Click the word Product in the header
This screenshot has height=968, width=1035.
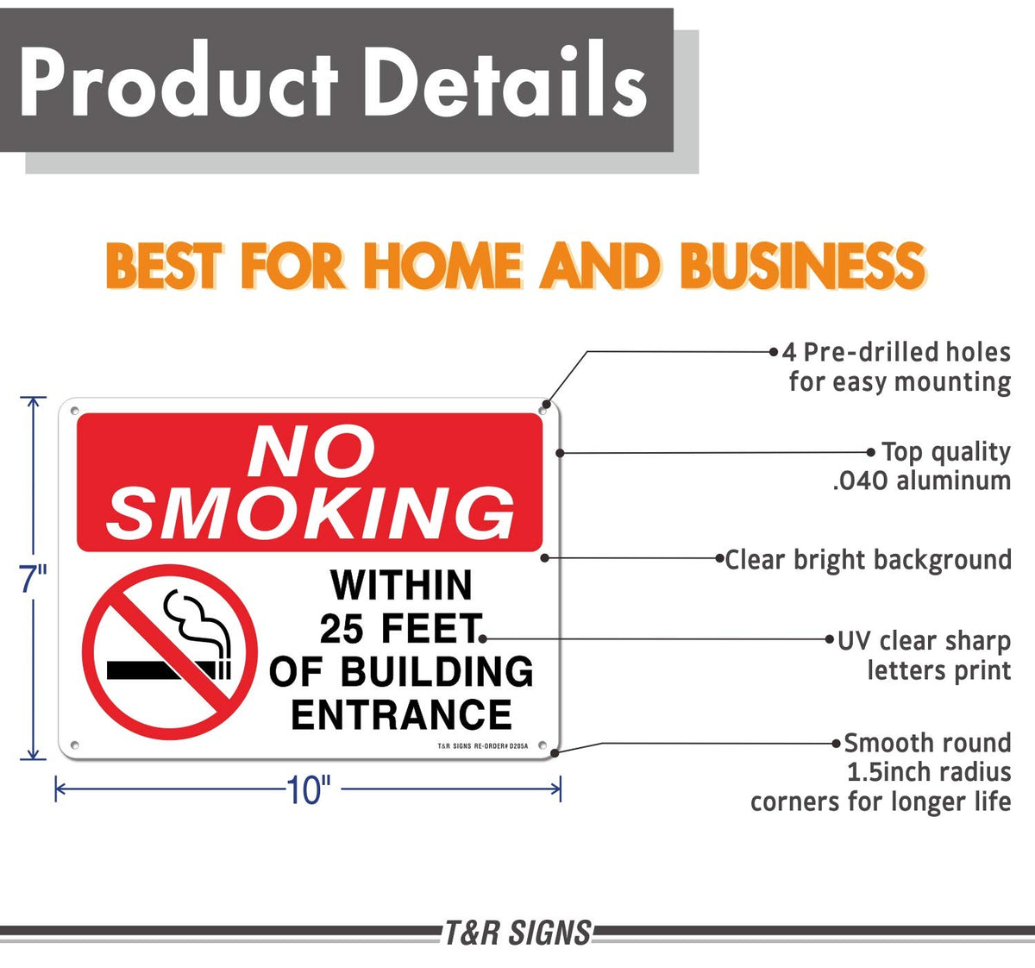coord(179,79)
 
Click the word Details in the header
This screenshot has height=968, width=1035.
coord(505,79)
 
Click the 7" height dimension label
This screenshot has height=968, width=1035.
coord(34,578)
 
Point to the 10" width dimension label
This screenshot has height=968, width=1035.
coord(309,789)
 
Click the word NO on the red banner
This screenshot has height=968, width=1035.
coord(311,451)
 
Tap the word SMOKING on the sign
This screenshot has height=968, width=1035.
coord(311,513)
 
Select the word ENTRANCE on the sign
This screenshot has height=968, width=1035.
coord(401,714)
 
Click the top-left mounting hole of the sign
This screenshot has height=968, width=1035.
coord(74,411)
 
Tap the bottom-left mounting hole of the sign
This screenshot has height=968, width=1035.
coord(74,745)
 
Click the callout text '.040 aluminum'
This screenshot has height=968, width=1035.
coord(921,481)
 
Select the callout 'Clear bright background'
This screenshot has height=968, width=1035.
coord(868,560)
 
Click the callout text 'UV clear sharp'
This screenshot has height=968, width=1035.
coord(924,641)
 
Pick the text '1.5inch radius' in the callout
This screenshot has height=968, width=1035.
coord(929,772)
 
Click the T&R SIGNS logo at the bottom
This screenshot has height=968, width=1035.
coord(517,933)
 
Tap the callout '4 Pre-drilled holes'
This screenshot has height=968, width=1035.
coord(896,352)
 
